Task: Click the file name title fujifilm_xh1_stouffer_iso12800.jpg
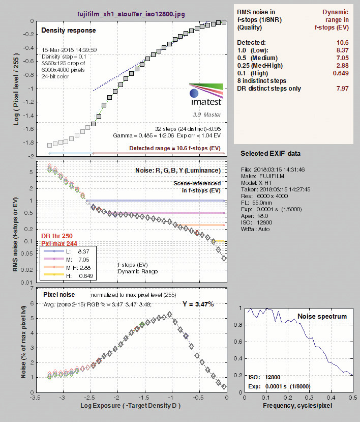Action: pos(131,14)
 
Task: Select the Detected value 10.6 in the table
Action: pos(343,43)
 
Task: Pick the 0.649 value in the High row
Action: pos(341,73)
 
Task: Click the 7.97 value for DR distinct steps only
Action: pos(343,89)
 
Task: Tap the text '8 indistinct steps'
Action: pos(261,81)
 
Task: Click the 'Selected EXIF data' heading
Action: pos(271,153)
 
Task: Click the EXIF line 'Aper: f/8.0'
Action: pos(255,216)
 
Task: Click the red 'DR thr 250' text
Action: pos(57,236)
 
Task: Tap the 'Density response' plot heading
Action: pos(69,31)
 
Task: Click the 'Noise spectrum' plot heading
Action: pos(322,316)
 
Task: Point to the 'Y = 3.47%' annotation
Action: pos(198,304)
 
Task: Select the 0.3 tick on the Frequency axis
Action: pos(309,397)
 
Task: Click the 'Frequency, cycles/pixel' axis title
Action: pos(297,406)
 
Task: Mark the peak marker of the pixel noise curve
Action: pos(169,314)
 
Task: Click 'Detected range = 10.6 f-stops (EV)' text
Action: pos(175,148)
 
